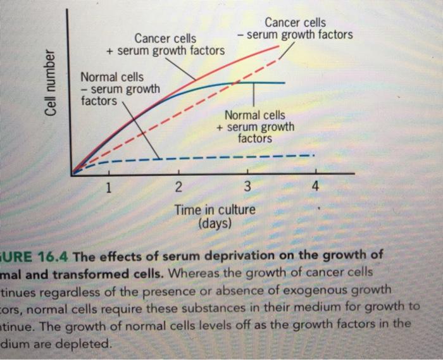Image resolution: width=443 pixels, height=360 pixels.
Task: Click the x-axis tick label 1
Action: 109,187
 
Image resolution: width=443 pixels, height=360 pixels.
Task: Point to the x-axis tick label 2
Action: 178,187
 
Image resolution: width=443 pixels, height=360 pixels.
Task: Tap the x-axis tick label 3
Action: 247,187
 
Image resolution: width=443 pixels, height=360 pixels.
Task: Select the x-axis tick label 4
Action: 315,187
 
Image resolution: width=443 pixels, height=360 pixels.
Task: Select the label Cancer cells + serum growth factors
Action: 166,44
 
